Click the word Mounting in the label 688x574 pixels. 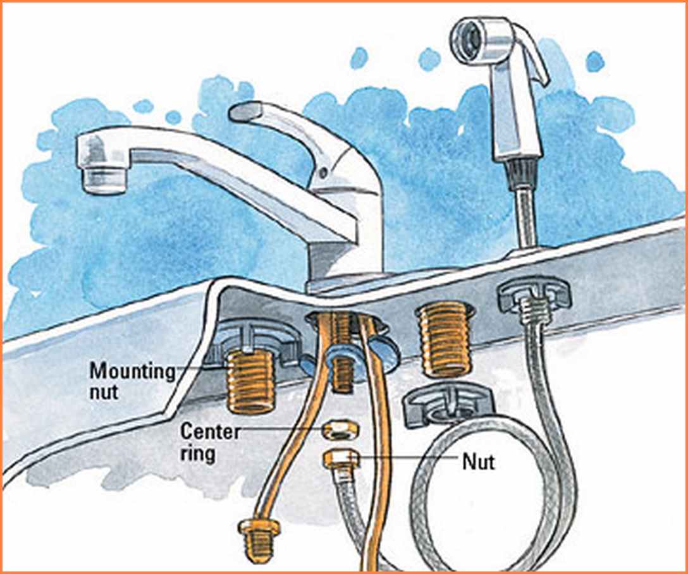point(133,372)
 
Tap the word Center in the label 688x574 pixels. point(210,432)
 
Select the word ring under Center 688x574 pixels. point(197,453)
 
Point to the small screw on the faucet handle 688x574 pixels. point(323,173)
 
